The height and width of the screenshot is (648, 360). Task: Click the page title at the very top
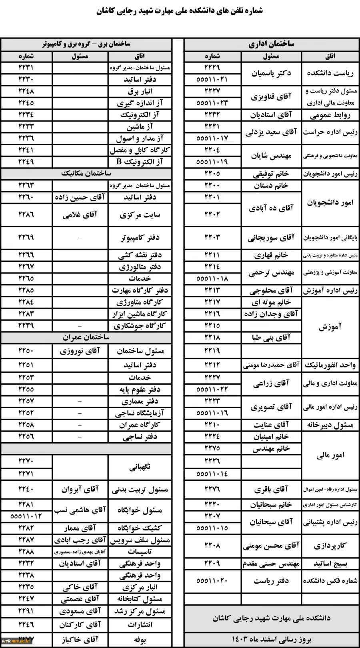tap(180, 11)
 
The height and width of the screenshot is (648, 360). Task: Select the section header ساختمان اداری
tap(271, 44)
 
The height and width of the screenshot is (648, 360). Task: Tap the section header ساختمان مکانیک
tap(86, 174)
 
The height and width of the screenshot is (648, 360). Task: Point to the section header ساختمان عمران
tap(86, 337)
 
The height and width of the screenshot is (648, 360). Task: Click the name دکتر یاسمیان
tap(271, 73)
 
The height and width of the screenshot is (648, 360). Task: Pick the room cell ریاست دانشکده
tap(330, 73)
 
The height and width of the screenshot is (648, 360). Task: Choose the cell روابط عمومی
tap(330, 116)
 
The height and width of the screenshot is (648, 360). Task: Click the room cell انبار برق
tap(140, 91)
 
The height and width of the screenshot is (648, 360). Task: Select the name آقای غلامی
tap(80, 215)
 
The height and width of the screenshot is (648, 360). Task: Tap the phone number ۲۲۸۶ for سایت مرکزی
tap(26, 215)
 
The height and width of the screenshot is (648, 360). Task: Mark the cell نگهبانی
tap(140, 467)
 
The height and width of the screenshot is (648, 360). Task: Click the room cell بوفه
tap(140, 640)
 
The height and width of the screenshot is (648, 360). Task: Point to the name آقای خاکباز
tap(80, 640)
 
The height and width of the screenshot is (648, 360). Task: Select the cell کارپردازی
tap(330, 546)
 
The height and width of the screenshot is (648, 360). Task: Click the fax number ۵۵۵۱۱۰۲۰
tap(212, 581)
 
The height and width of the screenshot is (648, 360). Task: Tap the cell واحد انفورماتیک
tap(330, 365)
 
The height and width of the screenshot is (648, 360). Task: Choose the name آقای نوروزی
tap(80, 351)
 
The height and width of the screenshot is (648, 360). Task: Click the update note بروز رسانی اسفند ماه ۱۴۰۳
tap(271, 639)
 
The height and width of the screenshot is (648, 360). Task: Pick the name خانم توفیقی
tap(271, 174)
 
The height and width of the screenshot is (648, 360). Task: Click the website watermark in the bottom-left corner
tap(16, 641)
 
